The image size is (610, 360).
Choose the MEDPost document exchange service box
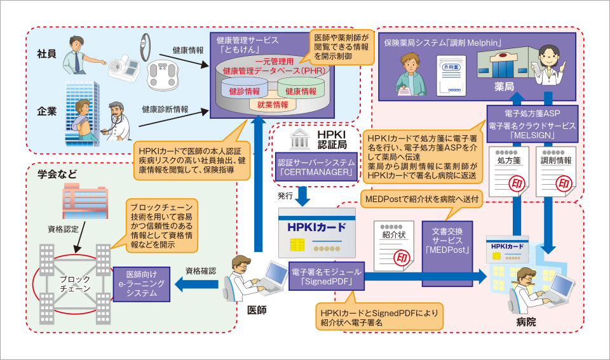tap(448, 241)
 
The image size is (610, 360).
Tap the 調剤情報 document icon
tap(557, 170)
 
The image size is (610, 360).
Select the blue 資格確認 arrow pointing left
tap(196, 284)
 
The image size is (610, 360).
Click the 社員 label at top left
tap(47, 54)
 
